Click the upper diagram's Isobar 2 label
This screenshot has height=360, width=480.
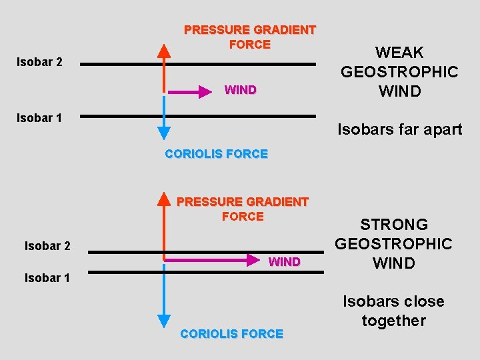(39, 62)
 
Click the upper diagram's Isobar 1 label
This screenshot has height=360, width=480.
(39, 118)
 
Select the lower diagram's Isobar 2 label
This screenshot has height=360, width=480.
(47, 246)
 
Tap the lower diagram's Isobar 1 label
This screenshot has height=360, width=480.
(47, 277)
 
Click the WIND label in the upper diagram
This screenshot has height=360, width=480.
(241, 90)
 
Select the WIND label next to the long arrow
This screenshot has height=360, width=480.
(285, 262)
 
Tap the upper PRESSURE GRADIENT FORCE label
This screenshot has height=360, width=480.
(249, 37)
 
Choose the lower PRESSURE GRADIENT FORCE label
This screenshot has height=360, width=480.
(243, 209)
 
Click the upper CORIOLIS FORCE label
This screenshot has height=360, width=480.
(216, 154)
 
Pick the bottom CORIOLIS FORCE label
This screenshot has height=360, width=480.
(232, 333)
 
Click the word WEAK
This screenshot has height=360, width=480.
(399, 53)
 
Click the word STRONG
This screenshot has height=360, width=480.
(394, 225)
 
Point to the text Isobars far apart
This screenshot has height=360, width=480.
(400, 129)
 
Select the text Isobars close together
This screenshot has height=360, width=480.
(393, 311)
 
